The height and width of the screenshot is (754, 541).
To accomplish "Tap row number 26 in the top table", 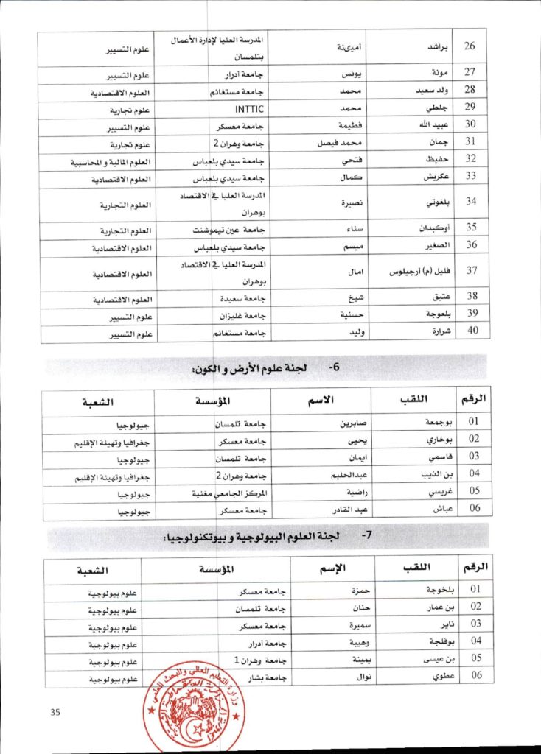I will [470, 46].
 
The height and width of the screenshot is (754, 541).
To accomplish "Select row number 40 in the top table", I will [470, 331].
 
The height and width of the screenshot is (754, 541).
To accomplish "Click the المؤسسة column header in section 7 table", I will [217, 570].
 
